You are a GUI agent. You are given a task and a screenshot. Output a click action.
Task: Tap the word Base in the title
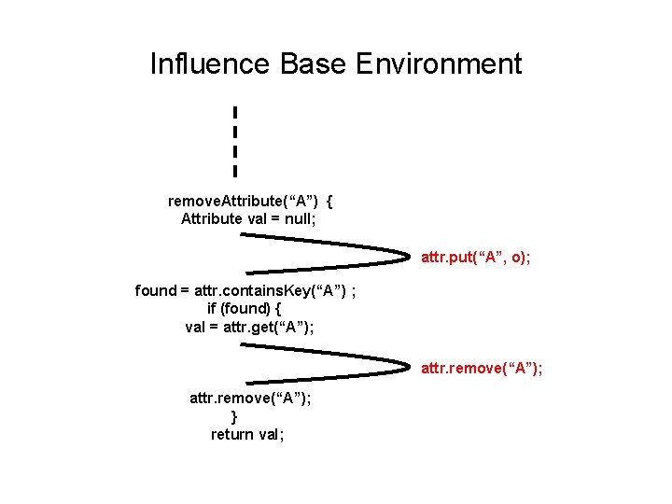(313, 64)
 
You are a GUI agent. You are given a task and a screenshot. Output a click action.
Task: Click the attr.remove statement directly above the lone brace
(251, 398)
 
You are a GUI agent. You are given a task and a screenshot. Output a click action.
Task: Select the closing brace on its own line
(234, 416)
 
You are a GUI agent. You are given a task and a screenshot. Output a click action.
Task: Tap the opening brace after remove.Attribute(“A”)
(330, 201)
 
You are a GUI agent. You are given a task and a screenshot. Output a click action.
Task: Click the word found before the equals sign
(156, 290)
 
